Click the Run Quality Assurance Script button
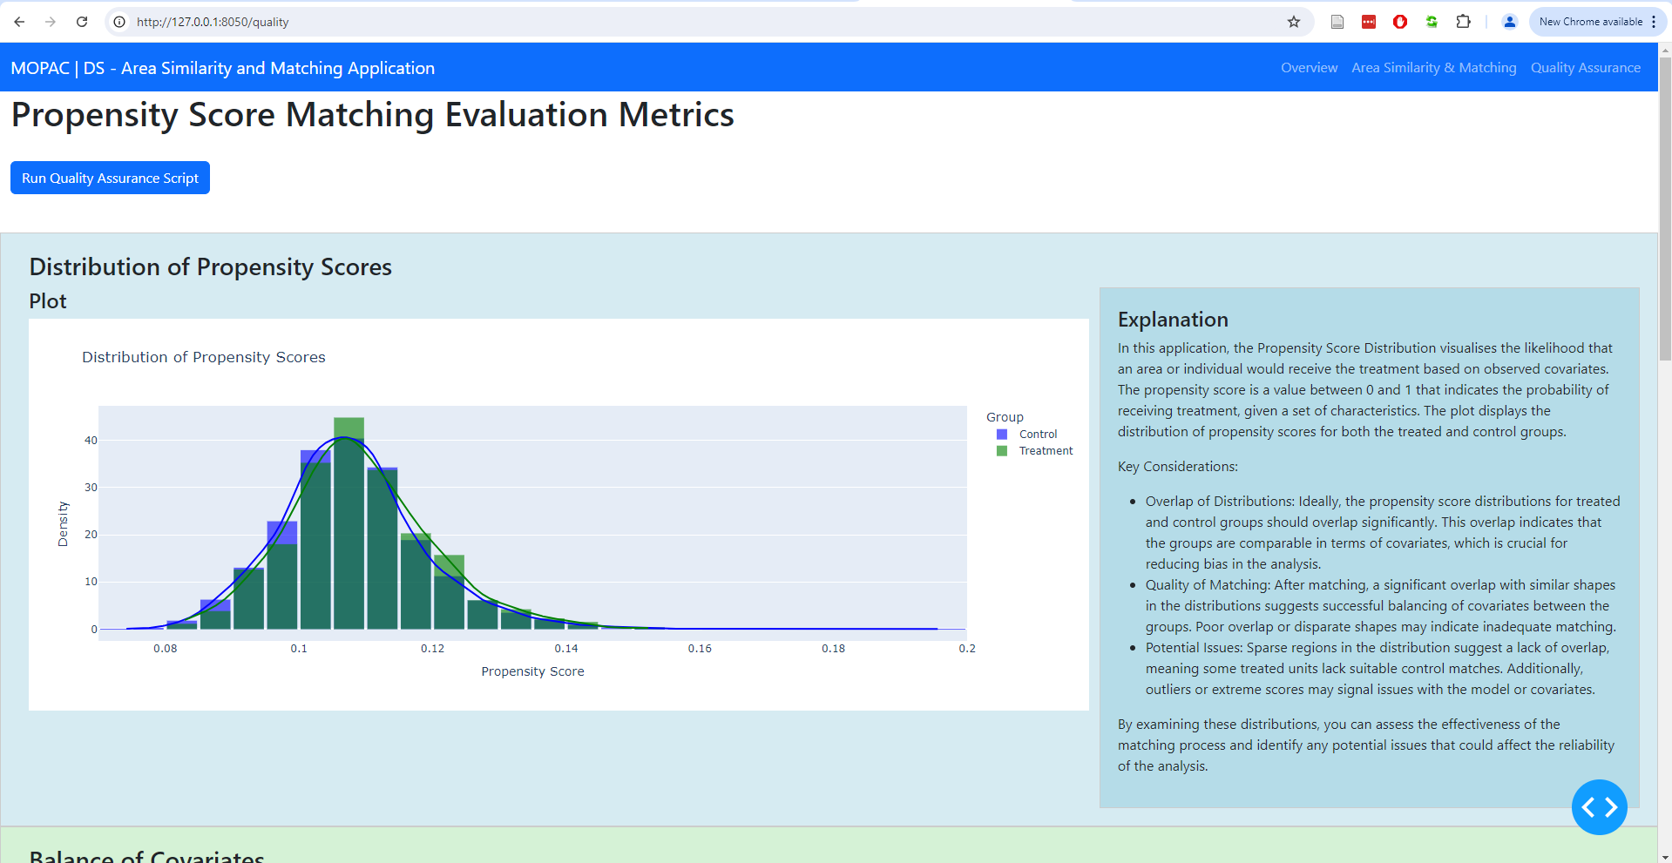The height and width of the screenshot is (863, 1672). (x=110, y=178)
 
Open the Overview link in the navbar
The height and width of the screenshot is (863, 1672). (x=1309, y=68)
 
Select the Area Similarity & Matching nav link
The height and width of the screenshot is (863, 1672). (x=1433, y=68)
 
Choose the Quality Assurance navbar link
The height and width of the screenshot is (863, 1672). (x=1585, y=68)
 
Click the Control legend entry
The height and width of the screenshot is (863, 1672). (x=1037, y=435)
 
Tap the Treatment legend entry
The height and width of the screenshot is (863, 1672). (x=1045, y=451)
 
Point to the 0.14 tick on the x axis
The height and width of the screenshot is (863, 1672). (x=566, y=649)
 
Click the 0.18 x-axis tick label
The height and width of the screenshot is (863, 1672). (x=833, y=649)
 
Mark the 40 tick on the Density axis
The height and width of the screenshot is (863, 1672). (x=91, y=441)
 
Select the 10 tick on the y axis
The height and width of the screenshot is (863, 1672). (x=91, y=582)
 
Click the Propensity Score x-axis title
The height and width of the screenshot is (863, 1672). (x=532, y=671)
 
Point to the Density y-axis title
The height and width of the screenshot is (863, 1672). (x=63, y=524)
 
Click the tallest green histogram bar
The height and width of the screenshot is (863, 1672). (x=349, y=523)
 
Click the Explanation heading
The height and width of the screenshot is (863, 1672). (x=1173, y=320)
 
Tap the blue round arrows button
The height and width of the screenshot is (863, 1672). (x=1599, y=807)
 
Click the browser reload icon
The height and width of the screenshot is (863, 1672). (x=82, y=22)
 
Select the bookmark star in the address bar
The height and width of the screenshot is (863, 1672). (x=1294, y=22)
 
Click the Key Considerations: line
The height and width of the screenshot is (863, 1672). (x=1177, y=467)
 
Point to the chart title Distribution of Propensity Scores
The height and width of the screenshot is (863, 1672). (x=204, y=357)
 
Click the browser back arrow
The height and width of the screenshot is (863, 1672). (x=19, y=22)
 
